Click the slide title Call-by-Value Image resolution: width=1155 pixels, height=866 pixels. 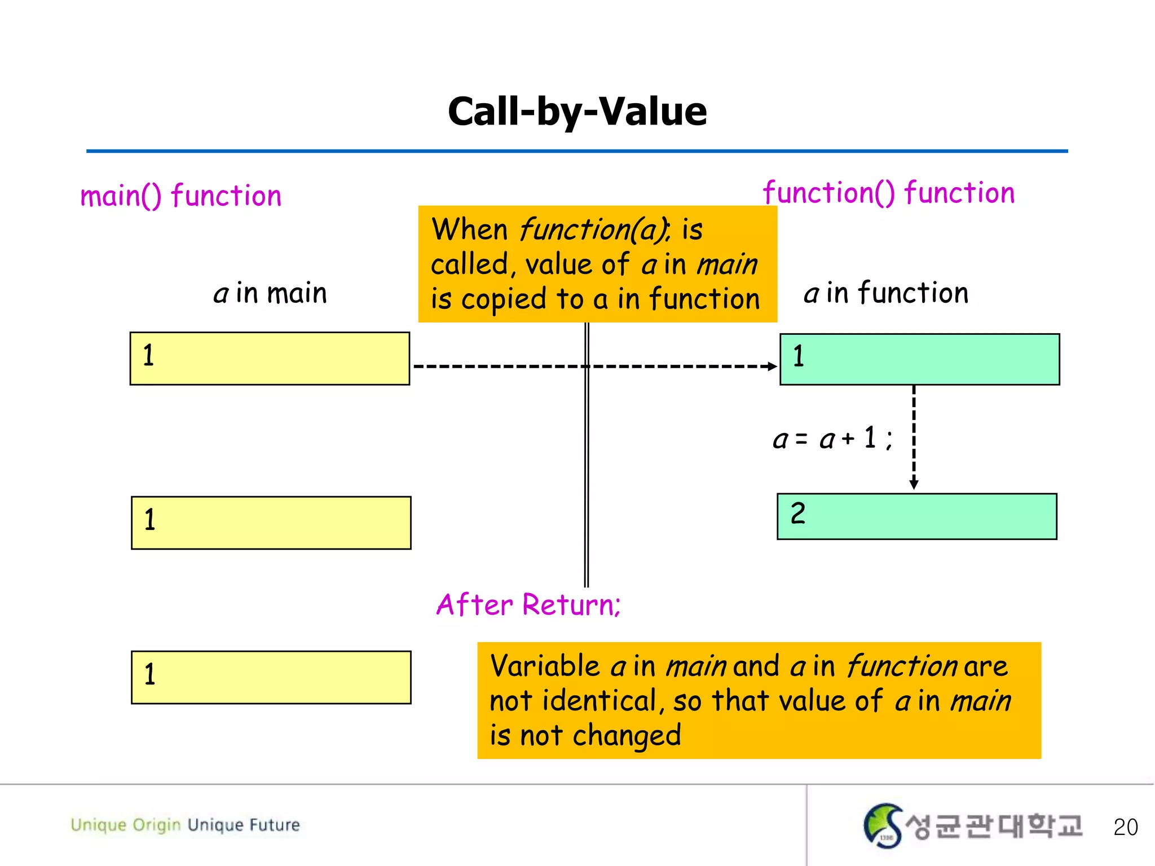coord(577,111)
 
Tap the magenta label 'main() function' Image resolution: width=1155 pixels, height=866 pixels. coord(180,196)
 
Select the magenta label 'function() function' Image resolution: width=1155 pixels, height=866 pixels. coord(889,193)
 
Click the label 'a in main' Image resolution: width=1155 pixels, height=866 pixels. coord(270,293)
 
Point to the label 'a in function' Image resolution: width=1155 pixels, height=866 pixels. coord(886,293)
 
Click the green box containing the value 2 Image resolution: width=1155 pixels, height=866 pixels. coord(916,516)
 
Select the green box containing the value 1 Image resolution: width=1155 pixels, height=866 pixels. coord(919,359)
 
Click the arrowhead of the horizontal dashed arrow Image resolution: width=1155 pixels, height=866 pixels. coord(772,366)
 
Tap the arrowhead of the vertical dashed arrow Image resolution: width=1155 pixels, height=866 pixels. coord(914,484)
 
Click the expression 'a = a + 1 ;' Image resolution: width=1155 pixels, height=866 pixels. coord(832,439)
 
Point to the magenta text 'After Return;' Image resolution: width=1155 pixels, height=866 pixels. coord(528,604)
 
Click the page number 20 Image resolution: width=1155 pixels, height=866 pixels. coord(1125,827)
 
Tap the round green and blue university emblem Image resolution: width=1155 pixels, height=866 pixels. coord(883,825)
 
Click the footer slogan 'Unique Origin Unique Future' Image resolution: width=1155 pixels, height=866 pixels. coord(185,825)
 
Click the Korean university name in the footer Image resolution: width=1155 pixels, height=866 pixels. coord(994,826)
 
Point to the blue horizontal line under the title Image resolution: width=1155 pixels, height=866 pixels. coord(577,151)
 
